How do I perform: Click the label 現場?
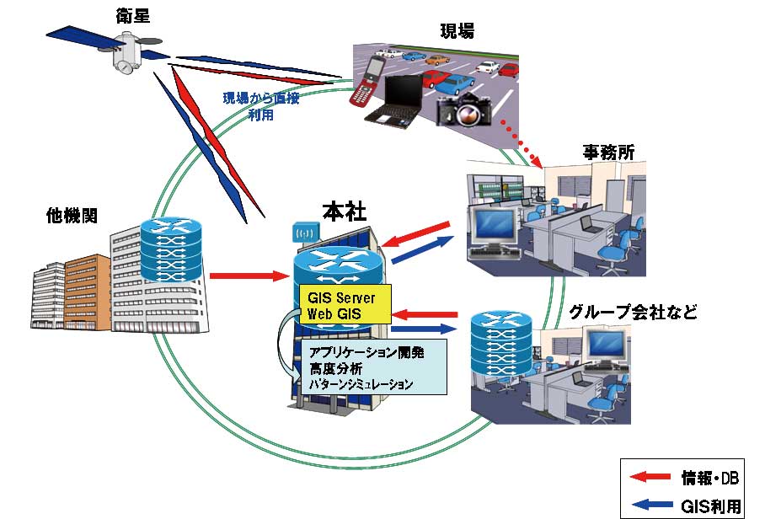457,31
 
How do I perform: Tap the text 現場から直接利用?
261,104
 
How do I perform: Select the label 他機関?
72,215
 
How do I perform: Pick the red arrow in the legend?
653,479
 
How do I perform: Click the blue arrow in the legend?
653,503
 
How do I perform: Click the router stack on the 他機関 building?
172,250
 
